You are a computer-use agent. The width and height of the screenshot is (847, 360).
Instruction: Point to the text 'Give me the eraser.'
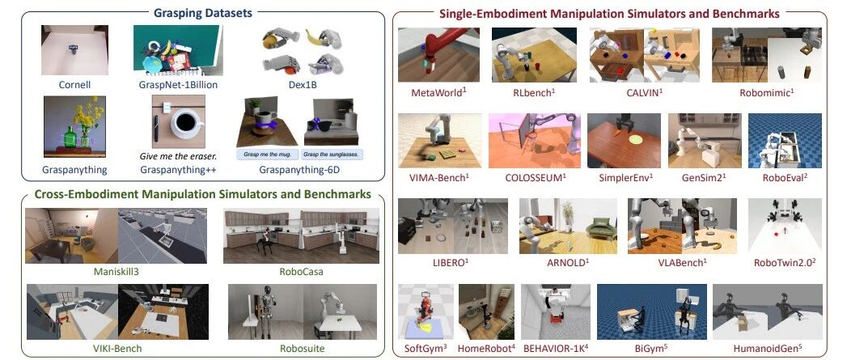point(176,158)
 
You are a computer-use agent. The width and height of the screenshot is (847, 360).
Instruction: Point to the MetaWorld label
point(437,93)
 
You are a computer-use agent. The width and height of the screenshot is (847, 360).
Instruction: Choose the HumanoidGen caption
point(767,348)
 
